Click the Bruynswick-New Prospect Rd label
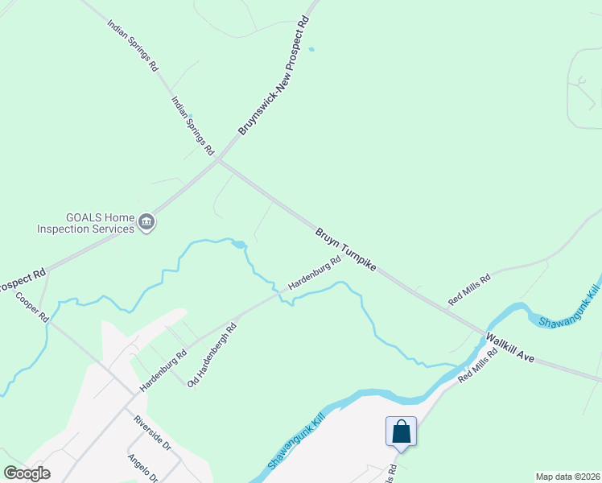(274, 76)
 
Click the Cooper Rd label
(32, 307)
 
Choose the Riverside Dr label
(152, 433)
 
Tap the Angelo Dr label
(143, 467)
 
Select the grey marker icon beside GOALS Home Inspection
(146, 223)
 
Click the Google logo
(27, 473)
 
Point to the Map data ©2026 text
(567, 477)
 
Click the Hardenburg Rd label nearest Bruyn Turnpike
(309, 274)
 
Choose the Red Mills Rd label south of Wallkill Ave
(478, 365)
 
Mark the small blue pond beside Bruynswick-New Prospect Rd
(311, 49)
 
